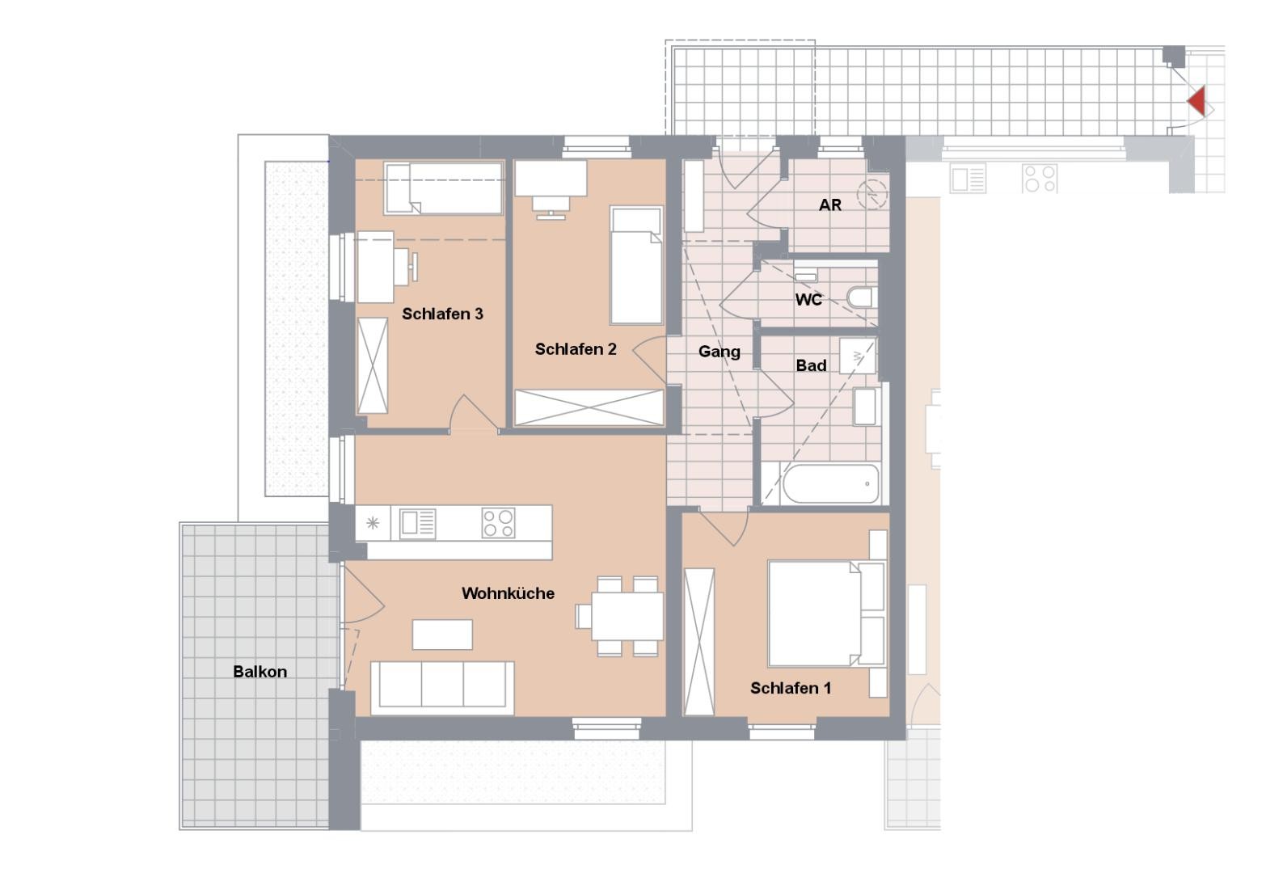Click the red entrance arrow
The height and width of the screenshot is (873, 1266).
[1197, 102]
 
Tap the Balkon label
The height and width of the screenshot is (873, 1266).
[260, 672]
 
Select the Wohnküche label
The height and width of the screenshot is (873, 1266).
[508, 593]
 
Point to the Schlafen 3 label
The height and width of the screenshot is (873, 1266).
[442, 314]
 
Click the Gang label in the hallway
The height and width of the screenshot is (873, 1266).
[719, 352]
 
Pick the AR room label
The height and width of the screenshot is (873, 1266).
[830, 205]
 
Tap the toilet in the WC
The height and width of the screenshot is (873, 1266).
[863, 297]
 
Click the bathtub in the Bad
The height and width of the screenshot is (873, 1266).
[831, 483]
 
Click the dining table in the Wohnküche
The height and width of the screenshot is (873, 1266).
[627, 616]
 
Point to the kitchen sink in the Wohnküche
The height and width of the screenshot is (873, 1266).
[418, 523]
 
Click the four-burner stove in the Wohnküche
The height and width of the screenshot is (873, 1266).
[499, 523]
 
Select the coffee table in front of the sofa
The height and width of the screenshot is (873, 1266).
[442, 635]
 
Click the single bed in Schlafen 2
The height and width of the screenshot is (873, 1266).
[635, 266]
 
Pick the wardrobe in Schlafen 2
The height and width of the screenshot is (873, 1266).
[589, 407]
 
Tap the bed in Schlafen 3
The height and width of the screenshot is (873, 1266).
[443, 188]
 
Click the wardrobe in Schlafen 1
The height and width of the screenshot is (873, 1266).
[699, 641]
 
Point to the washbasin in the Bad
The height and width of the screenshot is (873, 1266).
[864, 407]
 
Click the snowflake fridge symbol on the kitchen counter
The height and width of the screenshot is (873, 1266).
[373, 523]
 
